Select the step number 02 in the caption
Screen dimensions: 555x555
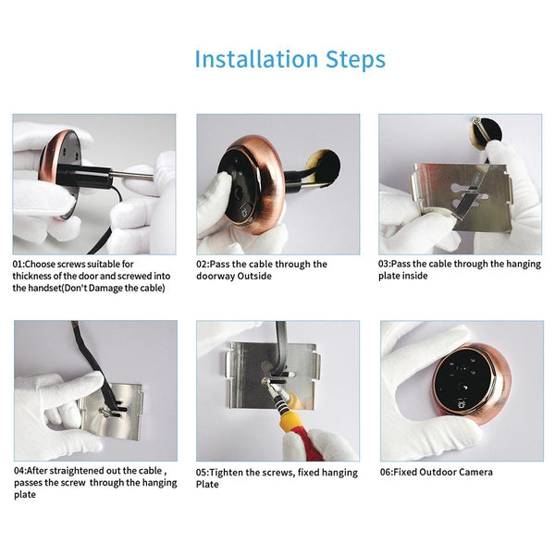click(x=203, y=264)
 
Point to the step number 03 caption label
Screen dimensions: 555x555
click(x=386, y=264)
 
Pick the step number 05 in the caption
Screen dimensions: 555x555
click(x=203, y=472)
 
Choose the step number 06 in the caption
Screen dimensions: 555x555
click(x=387, y=472)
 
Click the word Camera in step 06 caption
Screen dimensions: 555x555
click(x=474, y=472)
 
